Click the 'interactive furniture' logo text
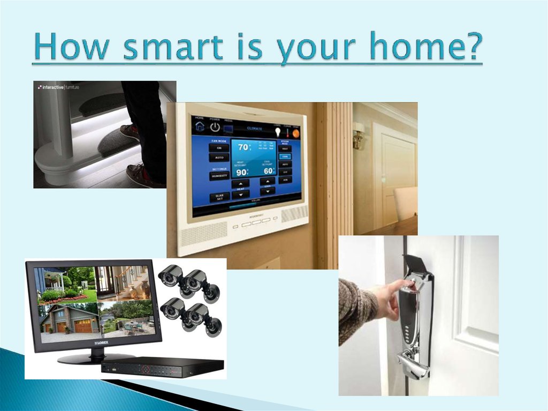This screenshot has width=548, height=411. [x=60, y=87]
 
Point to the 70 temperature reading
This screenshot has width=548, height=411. [x=243, y=147]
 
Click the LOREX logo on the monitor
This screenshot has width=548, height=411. [x=102, y=341]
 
